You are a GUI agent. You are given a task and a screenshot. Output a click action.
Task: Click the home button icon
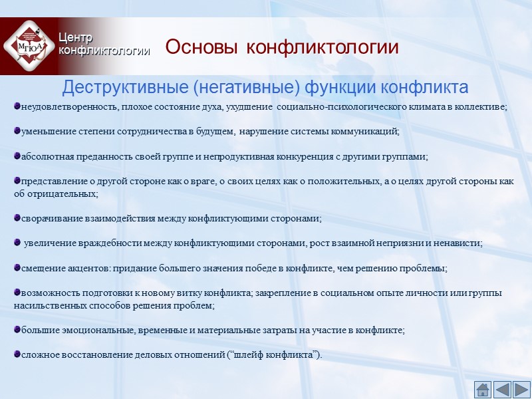point(482,389)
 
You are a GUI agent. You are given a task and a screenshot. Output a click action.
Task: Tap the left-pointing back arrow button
point(502,389)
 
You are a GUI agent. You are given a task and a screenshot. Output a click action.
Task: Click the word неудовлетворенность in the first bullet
point(66,107)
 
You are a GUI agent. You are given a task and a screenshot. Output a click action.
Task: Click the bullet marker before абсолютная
point(17,156)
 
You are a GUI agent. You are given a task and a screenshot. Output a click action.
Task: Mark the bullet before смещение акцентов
point(17,267)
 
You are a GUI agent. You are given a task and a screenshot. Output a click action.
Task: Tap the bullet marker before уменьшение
point(17,131)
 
